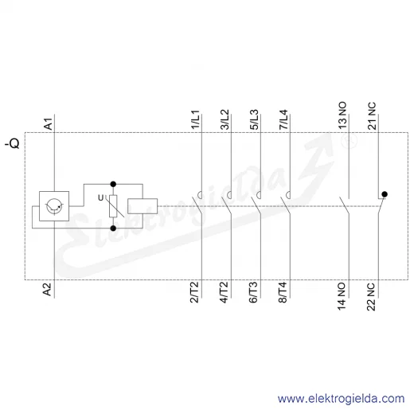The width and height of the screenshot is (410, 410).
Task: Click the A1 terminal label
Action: pyautogui.click(x=49, y=124)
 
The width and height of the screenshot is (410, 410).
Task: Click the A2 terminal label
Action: pyautogui.click(x=47, y=289)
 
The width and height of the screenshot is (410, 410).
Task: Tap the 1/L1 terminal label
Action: pyautogui.click(x=196, y=119)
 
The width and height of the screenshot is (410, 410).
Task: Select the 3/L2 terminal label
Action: pyautogui.click(x=225, y=119)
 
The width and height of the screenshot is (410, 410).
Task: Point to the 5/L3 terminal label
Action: pyautogui.click(x=255, y=119)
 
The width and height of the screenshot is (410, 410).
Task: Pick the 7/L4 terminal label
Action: pyautogui.click(x=283, y=119)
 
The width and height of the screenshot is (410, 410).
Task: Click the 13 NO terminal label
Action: pyautogui.click(x=342, y=115)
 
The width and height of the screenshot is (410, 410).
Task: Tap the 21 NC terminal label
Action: pyautogui.click(x=372, y=115)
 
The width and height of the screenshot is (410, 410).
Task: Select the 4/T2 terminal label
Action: pyautogui.click(x=224, y=292)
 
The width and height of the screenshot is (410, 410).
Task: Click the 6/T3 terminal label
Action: pyautogui.click(x=253, y=292)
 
